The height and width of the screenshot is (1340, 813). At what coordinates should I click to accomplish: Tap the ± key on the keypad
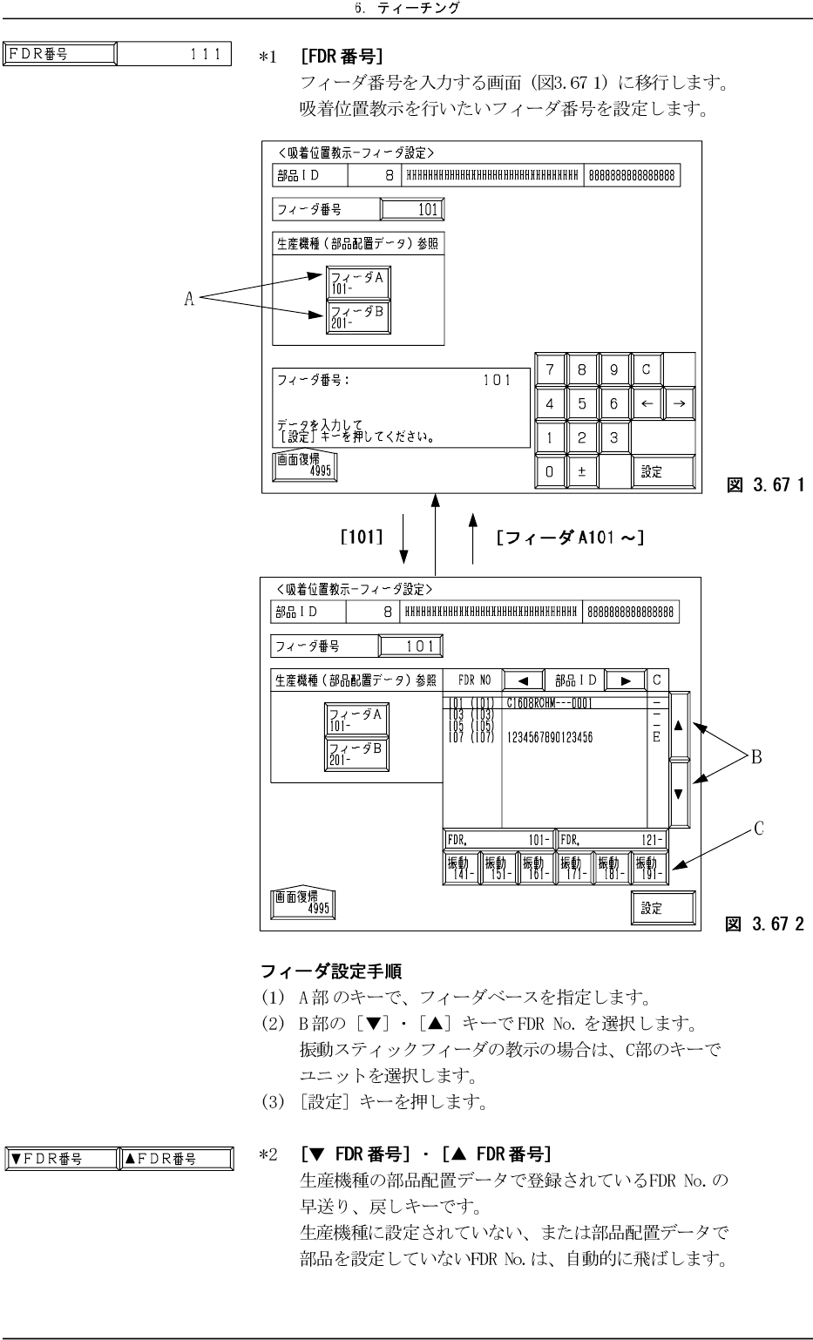point(581,471)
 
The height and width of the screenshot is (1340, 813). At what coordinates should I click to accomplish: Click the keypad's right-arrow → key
point(680,403)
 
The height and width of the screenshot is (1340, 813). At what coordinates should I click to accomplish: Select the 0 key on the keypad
point(549,471)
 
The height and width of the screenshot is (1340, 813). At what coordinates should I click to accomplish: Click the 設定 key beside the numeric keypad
point(662,471)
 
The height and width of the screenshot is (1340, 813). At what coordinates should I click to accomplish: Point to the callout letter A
point(188,299)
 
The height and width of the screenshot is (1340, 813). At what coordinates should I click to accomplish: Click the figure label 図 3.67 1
point(757,482)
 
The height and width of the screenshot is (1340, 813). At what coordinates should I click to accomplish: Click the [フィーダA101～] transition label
point(570,538)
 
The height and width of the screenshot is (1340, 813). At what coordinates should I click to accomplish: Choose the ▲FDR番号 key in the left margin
point(174,1158)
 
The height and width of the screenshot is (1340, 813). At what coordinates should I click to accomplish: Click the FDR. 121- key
point(613,840)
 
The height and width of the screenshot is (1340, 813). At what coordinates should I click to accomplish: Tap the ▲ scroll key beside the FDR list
point(678,725)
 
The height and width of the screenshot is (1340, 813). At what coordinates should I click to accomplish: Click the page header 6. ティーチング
point(406,9)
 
